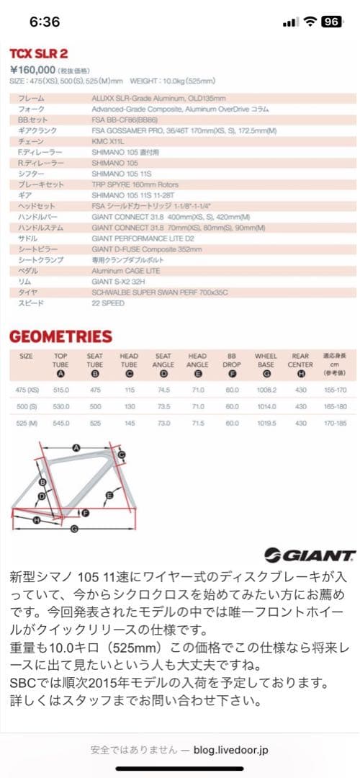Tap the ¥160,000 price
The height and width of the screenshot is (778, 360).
[33, 69]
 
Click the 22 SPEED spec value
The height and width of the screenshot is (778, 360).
[108, 303]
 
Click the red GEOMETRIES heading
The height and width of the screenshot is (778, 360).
[60, 336]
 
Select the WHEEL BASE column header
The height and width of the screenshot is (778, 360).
[266, 360]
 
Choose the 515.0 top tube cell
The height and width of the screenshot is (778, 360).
[60, 390]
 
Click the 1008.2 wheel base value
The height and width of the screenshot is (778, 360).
[266, 390]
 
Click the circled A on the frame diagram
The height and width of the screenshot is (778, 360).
[75, 447]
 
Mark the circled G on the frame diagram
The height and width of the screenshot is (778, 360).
[74, 528]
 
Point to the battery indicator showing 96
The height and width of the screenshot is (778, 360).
[331, 22]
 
